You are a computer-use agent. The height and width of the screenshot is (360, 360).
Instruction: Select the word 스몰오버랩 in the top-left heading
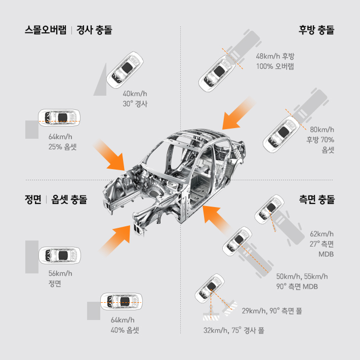pos(46,30)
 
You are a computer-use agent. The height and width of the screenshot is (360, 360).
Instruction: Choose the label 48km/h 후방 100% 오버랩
pos(275,61)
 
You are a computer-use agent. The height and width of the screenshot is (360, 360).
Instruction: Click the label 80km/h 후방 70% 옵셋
pos(322,139)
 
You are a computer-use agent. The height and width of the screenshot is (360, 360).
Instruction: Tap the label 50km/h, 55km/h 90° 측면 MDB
pos(302,281)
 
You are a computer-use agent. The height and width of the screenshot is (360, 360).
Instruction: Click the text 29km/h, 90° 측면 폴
pos(272,310)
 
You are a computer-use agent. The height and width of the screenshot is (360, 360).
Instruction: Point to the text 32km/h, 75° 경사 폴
pos(233,330)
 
